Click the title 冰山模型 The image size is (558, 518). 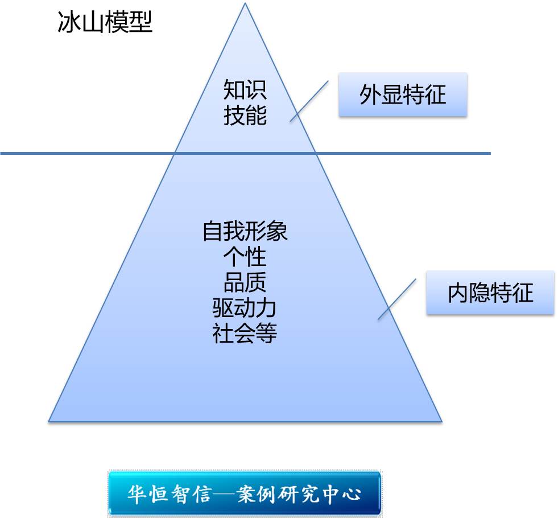[x=105, y=23]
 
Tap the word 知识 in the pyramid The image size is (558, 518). [x=245, y=90]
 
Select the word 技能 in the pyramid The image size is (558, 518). [x=245, y=116]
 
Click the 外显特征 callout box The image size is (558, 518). [x=403, y=94]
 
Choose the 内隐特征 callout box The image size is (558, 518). [x=490, y=293]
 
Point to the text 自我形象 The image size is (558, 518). [x=245, y=232]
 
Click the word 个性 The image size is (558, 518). [x=245, y=257]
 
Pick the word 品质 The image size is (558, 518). [x=245, y=282]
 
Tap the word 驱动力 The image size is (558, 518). [x=245, y=308]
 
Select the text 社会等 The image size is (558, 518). [x=245, y=333]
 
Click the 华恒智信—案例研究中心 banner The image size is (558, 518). [x=245, y=493]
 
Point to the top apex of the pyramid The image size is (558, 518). [x=245, y=5]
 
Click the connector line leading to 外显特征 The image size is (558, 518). [x=309, y=100]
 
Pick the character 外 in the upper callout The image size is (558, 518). [x=370, y=94]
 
